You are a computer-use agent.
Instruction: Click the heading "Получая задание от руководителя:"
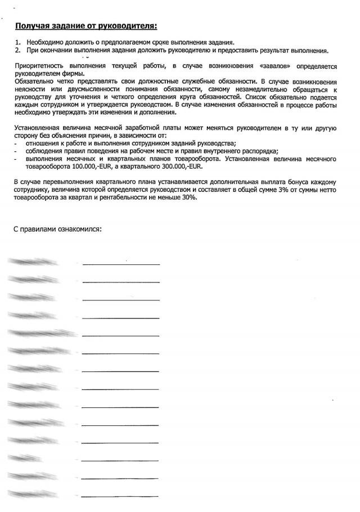click(x=86, y=26)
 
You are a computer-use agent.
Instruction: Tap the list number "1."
click(x=18, y=43)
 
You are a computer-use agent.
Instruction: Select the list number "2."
click(x=18, y=50)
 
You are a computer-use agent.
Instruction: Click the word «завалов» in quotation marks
click(x=277, y=67)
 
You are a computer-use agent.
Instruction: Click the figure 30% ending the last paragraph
click(x=190, y=199)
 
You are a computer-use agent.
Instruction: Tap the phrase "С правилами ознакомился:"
click(x=57, y=230)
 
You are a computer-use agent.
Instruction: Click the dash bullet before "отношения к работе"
click(x=15, y=144)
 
